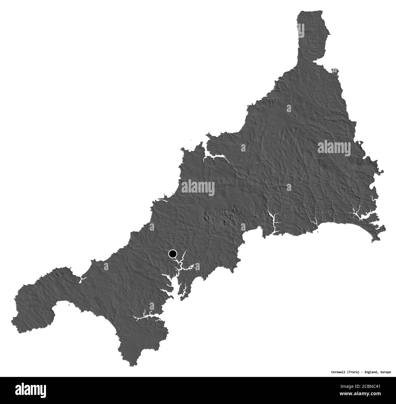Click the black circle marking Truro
[173, 253]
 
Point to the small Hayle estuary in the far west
[82, 279]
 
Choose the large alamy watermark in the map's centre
[198, 187]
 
